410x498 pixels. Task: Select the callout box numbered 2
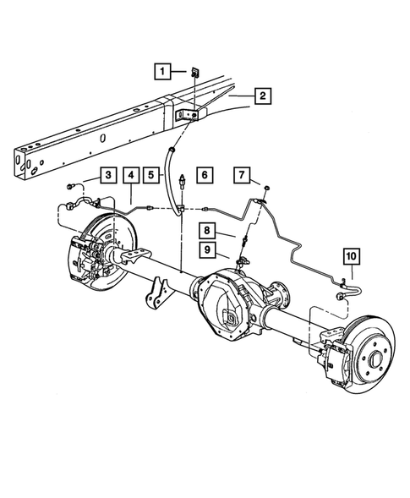point(263,97)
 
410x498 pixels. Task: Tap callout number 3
point(108,175)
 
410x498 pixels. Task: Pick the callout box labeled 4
point(131,175)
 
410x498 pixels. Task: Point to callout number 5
point(154,175)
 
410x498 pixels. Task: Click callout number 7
point(243,175)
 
